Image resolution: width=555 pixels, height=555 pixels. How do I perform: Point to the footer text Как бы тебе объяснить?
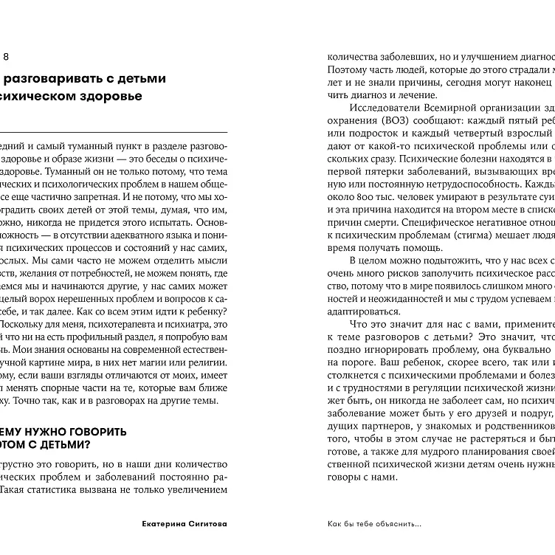[375, 525]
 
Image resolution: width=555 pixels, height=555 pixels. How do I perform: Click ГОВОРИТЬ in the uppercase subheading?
[94, 431]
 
